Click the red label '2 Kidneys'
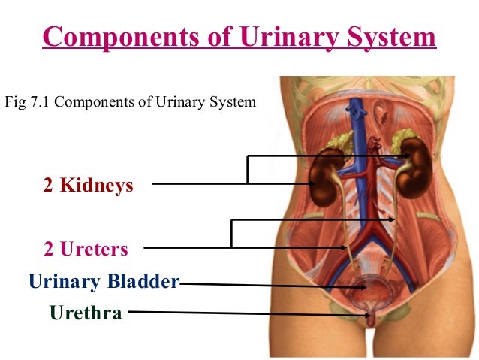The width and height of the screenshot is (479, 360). tap(88, 185)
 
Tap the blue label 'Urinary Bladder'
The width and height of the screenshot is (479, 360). tap(104, 282)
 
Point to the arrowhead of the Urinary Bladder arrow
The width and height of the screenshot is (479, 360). tap(362, 286)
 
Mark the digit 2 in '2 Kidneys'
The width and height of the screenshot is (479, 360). tap(47, 185)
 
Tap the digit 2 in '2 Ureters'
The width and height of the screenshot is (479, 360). tap(48, 249)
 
